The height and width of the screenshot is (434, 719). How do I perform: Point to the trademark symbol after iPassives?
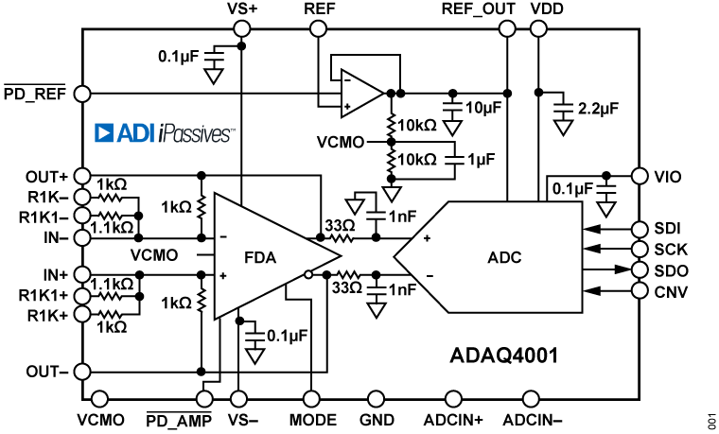(234, 128)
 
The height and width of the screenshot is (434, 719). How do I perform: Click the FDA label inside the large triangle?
(260, 256)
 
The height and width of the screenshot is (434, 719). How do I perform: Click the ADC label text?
(504, 257)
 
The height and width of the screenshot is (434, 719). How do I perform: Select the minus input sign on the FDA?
(223, 237)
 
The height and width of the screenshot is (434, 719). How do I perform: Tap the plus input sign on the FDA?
(223, 275)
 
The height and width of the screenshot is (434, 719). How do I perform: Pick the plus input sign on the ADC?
(427, 238)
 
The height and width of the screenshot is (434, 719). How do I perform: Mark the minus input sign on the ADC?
(429, 275)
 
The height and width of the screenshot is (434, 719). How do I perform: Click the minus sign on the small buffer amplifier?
(347, 81)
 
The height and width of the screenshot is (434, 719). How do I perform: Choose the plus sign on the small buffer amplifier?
(347, 106)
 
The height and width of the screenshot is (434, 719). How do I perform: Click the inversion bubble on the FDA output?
(308, 275)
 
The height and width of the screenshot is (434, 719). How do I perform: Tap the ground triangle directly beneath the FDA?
(254, 356)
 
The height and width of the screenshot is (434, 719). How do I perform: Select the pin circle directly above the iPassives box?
(82, 94)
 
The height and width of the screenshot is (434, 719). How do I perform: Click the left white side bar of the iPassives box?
(79, 133)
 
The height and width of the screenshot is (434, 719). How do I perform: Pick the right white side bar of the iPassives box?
(246, 133)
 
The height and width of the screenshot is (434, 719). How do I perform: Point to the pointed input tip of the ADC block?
(397, 256)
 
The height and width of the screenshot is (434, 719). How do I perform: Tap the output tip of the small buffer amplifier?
(379, 94)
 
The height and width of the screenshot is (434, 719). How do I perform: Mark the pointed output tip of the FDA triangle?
(337, 256)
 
